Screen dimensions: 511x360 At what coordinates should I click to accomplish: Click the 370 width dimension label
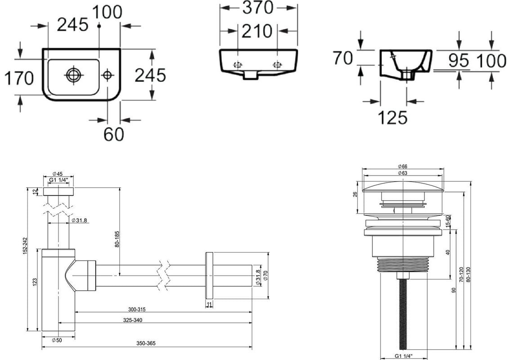(257, 8)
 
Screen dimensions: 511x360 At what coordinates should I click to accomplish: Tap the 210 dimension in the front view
(257, 31)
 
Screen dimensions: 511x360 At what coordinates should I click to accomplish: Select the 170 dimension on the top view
(19, 78)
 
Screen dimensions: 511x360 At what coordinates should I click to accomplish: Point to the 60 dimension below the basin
(114, 134)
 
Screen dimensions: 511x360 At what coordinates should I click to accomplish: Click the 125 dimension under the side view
(393, 117)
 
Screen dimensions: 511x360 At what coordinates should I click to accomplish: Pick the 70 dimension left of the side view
(343, 58)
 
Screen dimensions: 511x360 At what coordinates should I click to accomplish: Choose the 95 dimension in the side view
(459, 60)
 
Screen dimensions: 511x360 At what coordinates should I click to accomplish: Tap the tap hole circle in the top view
(107, 75)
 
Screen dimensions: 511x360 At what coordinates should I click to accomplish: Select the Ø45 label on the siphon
(58, 174)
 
